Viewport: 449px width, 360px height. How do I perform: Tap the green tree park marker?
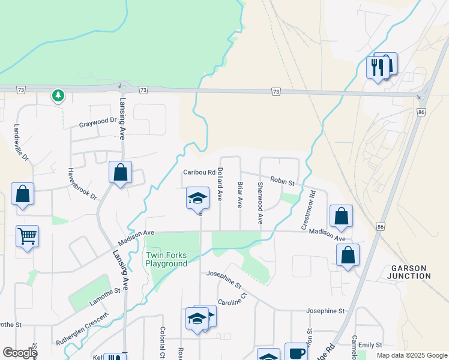[58, 95]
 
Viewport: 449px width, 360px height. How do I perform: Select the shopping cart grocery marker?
[28, 236]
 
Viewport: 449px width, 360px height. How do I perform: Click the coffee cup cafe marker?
[295, 353]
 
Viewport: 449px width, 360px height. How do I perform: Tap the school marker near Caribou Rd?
[197, 198]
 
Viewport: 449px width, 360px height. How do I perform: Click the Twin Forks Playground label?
[167, 259]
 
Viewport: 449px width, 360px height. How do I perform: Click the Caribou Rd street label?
[200, 172]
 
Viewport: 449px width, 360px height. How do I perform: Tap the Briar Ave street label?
[240, 194]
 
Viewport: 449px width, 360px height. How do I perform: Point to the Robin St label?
[282, 181]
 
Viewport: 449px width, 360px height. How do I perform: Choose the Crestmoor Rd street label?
[308, 210]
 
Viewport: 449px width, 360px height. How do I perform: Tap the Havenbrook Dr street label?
[82, 184]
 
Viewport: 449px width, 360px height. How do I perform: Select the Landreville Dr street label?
[21, 143]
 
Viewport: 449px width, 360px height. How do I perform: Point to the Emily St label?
[370, 345]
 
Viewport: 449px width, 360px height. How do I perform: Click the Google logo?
[20, 353]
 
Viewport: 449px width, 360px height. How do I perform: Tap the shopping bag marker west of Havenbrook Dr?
[23, 194]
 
